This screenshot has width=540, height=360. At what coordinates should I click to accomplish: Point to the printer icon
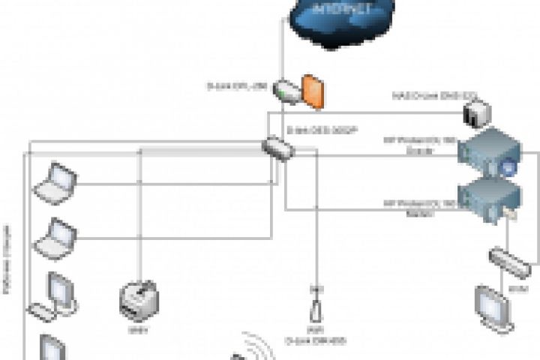point(140,300)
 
